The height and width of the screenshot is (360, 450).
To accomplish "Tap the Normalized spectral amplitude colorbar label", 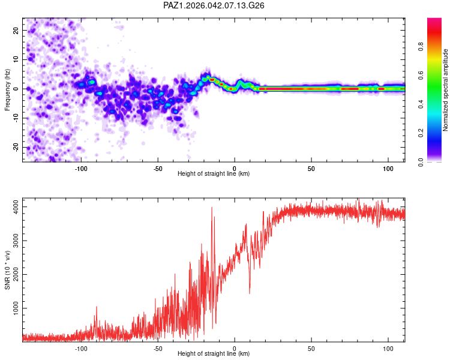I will (446, 90).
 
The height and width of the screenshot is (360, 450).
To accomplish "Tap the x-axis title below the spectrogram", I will (214, 174).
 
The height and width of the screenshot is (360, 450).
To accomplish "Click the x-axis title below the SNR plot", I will (214, 355).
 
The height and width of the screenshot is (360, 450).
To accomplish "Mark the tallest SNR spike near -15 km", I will (212, 207).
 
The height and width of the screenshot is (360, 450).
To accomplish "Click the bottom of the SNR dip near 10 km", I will (250, 293).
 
